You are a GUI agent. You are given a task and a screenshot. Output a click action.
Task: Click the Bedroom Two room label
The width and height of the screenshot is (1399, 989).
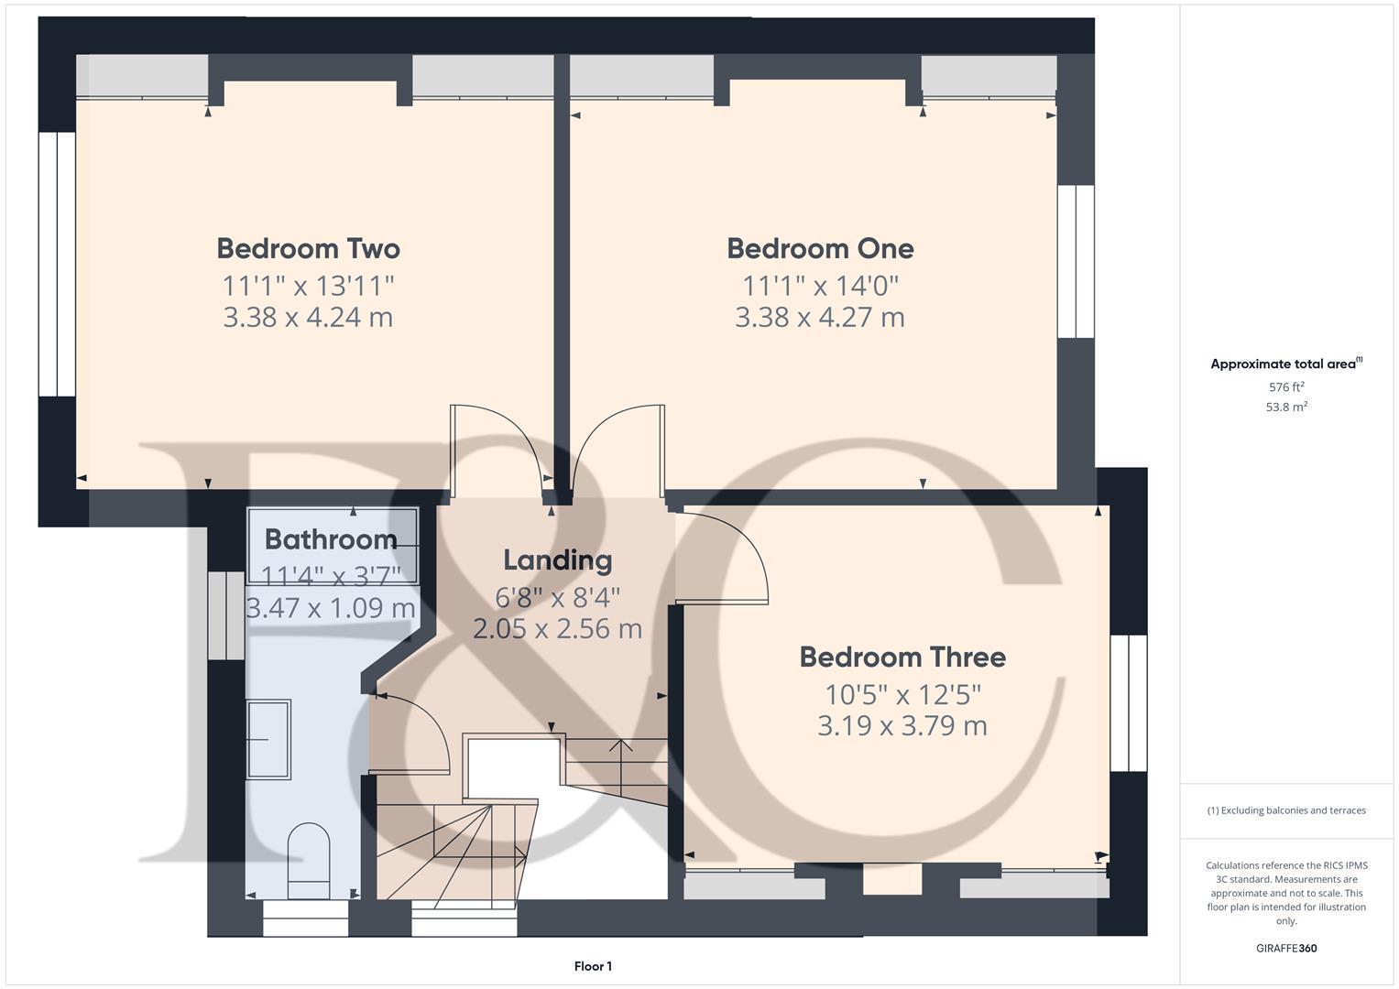(308, 248)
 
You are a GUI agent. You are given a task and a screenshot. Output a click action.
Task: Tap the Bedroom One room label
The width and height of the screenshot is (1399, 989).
(820, 248)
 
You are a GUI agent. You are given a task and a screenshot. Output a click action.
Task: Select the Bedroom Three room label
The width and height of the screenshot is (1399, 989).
(902, 657)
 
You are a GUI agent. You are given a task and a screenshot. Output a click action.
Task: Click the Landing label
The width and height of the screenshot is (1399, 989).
(557, 560)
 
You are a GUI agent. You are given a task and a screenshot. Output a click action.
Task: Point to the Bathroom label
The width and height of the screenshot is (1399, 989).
(331, 539)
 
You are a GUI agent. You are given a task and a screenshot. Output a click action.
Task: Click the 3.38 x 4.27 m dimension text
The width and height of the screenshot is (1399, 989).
(820, 317)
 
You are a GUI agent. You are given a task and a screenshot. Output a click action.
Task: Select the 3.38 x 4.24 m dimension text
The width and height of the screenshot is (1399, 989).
(308, 317)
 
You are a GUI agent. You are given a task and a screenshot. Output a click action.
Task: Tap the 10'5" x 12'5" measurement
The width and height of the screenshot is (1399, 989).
(902, 693)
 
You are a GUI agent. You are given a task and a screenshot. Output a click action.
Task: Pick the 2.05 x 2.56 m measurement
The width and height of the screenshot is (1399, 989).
(557, 628)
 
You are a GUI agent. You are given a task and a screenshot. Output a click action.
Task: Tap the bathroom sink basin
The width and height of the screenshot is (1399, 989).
(268, 739)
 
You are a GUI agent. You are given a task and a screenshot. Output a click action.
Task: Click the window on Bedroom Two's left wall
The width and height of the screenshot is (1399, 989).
(57, 265)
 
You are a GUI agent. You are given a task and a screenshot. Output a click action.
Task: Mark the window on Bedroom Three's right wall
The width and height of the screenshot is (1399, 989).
(1129, 703)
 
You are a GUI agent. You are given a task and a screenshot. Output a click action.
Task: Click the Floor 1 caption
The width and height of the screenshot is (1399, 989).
(593, 966)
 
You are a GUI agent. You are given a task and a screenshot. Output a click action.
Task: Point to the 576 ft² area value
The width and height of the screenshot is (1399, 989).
(1286, 387)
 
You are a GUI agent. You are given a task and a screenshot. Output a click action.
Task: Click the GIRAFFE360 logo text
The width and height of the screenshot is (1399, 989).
(1286, 948)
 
